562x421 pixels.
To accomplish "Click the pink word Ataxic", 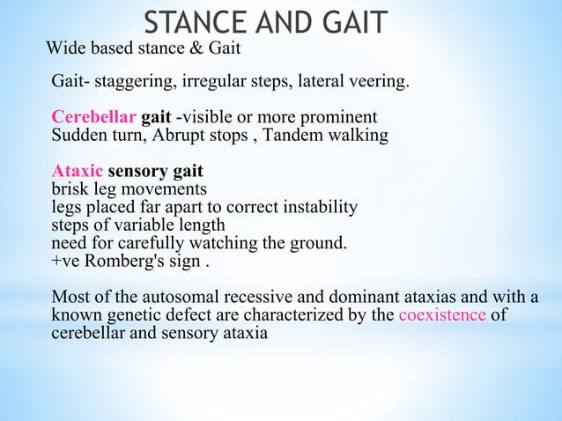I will tap(78, 171).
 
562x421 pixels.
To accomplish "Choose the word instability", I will tap(320, 207).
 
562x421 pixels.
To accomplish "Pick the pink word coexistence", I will tap(441, 315).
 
